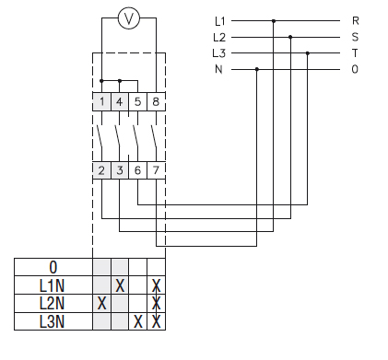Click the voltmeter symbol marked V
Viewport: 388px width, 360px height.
tap(129, 19)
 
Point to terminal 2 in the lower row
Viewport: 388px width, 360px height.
tap(101, 170)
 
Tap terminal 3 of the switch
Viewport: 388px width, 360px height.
tap(120, 170)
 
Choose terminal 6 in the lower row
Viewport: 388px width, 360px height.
tap(137, 170)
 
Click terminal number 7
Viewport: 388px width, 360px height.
tap(156, 170)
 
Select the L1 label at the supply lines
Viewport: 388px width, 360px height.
tap(218, 20)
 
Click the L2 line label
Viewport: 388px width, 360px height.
tap(218, 37)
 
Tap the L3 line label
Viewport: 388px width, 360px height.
tap(218, 53)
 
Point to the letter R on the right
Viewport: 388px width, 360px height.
tap(356, 20)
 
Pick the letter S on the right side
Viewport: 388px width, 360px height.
tap(356, 37)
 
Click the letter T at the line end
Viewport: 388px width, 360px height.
tap(356, 53)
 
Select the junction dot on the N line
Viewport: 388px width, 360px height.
tap(256, 70)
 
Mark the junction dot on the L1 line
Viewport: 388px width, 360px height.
tap(274, 20)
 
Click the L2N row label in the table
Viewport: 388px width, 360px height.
tap(53, 303)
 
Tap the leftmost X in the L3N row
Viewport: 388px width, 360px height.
tap(137, 321)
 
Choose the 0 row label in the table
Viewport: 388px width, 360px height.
tap(53, 267)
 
